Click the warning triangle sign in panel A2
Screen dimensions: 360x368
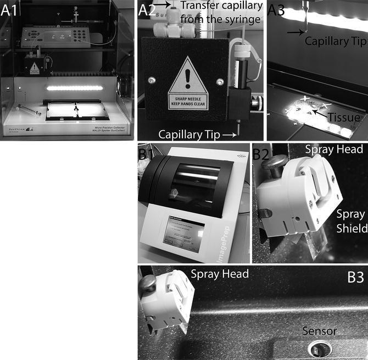(x=188, y=87)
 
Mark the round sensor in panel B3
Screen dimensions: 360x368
(x=317, y=347)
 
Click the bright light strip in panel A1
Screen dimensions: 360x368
(x=75, y=88)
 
